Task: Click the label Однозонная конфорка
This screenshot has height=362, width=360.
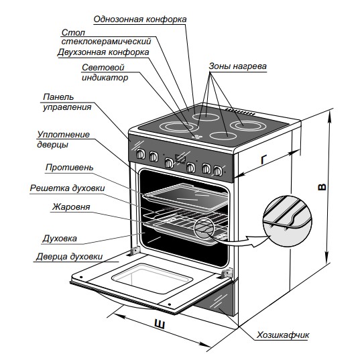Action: coord(140,19)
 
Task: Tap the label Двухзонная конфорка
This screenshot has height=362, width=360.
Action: coord(103,52)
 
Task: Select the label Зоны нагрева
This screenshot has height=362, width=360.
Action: coord(237,66)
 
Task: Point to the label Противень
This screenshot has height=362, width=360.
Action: coord(69,167)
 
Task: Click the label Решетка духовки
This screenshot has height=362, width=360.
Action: coord(67,188)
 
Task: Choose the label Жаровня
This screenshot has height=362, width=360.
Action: coord(71,206)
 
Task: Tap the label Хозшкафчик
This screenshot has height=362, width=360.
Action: coord(283,335)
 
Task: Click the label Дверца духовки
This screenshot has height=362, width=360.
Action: coord(69,257)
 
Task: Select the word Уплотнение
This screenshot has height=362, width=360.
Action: coord(63,134)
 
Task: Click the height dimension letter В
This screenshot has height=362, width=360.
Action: coord(322,187)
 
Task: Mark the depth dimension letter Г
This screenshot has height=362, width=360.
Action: coord(263,160)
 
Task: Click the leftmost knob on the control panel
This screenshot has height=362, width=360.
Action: coord(141,154)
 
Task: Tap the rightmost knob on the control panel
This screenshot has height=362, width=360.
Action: coord(217,171)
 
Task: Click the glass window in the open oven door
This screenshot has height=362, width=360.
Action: coord(152,278)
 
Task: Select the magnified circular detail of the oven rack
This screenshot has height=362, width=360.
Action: coord(287,221)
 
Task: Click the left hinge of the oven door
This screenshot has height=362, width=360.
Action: coord(135,251)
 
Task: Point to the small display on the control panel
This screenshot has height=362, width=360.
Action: coord(180,158)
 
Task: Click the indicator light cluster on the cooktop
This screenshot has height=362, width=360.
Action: coord(197,137)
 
